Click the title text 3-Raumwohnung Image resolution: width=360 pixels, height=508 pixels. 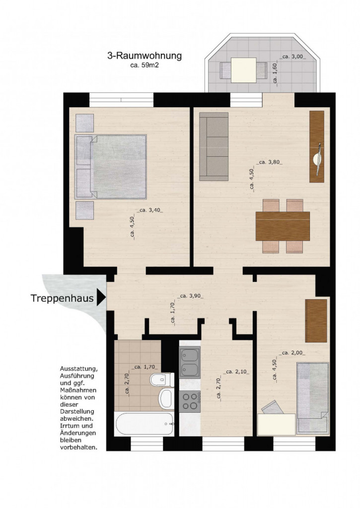pyautogui.click(x=144, y=56)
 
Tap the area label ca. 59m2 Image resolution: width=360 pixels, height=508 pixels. pyautogui.click(x=144, y=65)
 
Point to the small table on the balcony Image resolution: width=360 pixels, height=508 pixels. pyautogui.click(x=244, y=69)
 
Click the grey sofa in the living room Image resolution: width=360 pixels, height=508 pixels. pyautogui.click(x=214, y=146)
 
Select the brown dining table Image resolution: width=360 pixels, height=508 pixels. pyautogui.click(x=282, y=226)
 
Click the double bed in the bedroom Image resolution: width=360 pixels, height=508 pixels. pyautogui.click(x=111, y=167)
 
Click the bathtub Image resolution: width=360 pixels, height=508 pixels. pyautogui.click(x=144, y=424)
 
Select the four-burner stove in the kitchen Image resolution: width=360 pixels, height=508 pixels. pyautogui.click(x=189, y=400)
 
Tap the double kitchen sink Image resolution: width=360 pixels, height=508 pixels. pyautogui.click(x=189, y=362)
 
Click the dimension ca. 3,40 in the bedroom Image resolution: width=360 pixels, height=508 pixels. pyautogui.click(x=150, y=210)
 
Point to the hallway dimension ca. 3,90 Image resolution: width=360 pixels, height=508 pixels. pyautogui.click(x=191, y=296)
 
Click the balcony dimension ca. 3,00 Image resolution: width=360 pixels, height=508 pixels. pyautogui.click(x=293, y=57)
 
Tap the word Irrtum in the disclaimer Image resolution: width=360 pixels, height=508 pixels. pyautogui.click(x=71, y=426)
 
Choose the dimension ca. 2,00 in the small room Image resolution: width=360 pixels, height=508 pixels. pyautogui.click(x=293, y=353)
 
